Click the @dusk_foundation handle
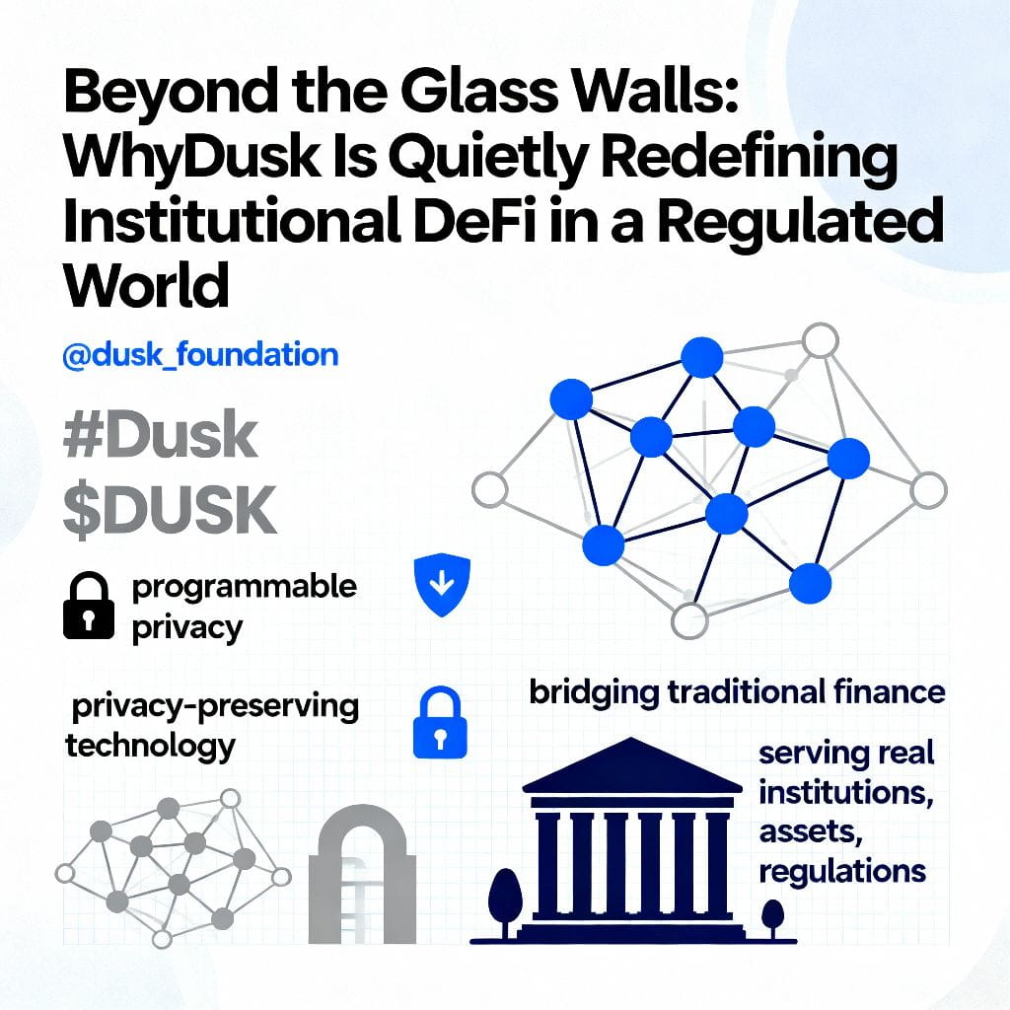coord(200,355)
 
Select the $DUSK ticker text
coord(169,510)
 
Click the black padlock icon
coord(89,606)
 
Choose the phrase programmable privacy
coord(243,606)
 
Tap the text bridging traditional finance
coord(737,692)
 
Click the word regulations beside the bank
coord(842,872)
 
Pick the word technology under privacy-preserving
coord(150,745)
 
